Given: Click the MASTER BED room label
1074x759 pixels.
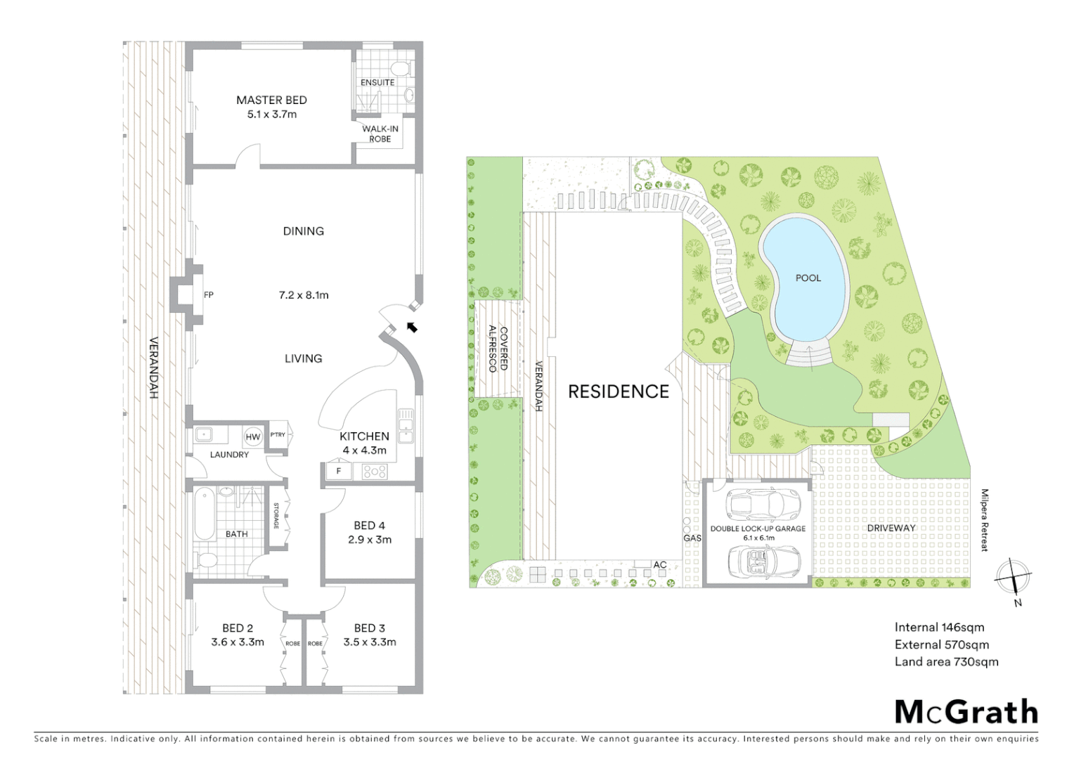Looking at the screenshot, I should click(271, 100).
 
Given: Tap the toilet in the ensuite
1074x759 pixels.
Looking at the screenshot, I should click(400, 69).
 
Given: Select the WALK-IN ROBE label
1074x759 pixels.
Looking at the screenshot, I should click(380, 134).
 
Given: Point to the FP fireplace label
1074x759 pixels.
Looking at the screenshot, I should click(209, 295).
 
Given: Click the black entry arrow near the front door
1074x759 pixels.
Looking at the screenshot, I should click(412, 327).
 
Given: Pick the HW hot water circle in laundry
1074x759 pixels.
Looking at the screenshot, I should click(252, 437).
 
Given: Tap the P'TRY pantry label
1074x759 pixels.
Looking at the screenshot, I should click(278, 435).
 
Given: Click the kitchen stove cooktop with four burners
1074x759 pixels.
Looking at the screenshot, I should click(375, 472).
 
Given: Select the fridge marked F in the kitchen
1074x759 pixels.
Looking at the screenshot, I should click(339, 471).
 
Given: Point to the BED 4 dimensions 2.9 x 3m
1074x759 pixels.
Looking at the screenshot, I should click(369, 540).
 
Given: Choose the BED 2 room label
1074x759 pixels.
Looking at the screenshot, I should click(238, 628).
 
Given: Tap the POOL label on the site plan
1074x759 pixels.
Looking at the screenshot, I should click(808, 278).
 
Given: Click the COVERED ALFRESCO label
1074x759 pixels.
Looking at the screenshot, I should click(498, 349).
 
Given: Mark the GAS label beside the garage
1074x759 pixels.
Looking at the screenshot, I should click(692, 538).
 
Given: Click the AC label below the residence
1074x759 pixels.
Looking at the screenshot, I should click(659, 564).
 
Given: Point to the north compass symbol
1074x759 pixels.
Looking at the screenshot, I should click(1014, 578).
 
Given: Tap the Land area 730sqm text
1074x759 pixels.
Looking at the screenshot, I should click(946, 661).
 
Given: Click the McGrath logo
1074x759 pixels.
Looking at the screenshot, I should click(966, 712).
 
